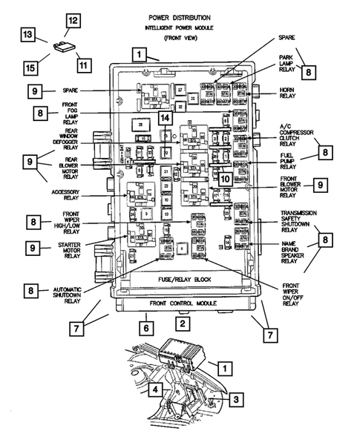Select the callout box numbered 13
(x=27, y=35)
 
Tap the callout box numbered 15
(x=31, y=68)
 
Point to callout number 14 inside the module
(x=165, y=117)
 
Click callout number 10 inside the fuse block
(x=224, y=178)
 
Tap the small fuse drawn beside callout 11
(x=62, y=49)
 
